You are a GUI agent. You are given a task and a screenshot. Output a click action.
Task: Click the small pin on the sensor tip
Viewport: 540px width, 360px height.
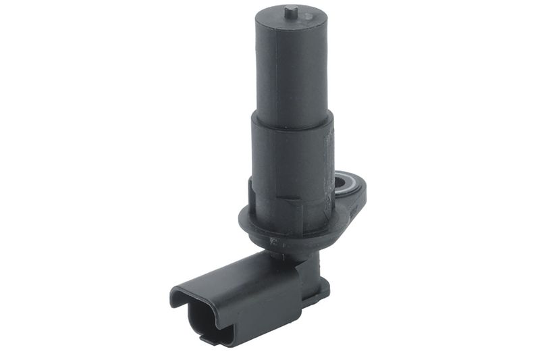click(290, 11)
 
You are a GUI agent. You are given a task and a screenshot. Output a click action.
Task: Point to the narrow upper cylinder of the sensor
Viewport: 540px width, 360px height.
click(292, 68)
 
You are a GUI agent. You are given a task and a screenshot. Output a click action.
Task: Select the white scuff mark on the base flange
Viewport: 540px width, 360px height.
click(273, 240)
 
